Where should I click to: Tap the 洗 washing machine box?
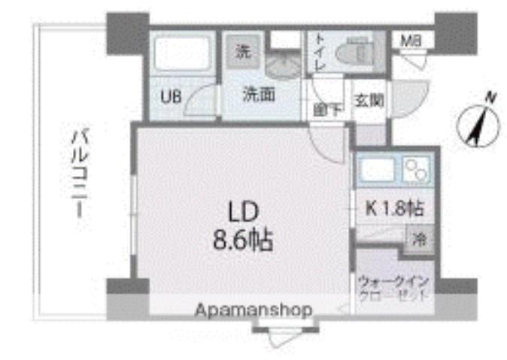(x=242, y=52)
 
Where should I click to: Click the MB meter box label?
(x=410, y=40)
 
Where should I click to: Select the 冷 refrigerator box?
(x=417, y=241)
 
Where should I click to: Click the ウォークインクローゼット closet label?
(x=393, y=288)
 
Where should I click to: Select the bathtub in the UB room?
(x=183, y=54)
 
